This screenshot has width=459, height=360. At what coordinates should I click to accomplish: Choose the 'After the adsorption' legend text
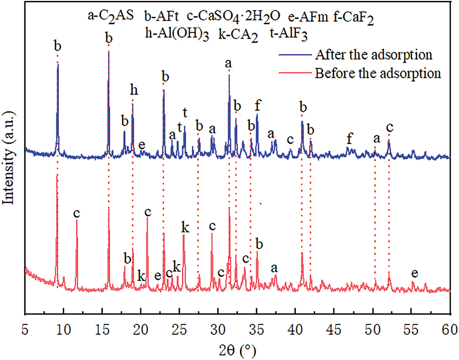[373, 54]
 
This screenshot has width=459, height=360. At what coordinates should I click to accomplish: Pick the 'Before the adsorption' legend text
[378, 73]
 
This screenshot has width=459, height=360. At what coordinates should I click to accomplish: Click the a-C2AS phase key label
[111, 16]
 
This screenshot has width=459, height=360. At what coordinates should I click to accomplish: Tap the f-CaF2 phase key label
[354, 18]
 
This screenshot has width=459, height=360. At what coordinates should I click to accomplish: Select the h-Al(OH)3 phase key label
[178, 35]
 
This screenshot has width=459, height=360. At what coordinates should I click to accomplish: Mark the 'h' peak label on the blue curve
[134, 91]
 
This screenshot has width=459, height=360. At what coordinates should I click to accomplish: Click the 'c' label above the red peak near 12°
[77, 213]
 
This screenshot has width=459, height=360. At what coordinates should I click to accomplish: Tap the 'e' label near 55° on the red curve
[414, 272]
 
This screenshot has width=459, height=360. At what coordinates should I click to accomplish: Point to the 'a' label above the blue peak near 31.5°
[229, 63]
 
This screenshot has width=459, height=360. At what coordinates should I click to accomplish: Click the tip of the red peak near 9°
[57, 175]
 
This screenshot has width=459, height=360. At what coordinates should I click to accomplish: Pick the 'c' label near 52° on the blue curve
[390, 127]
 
